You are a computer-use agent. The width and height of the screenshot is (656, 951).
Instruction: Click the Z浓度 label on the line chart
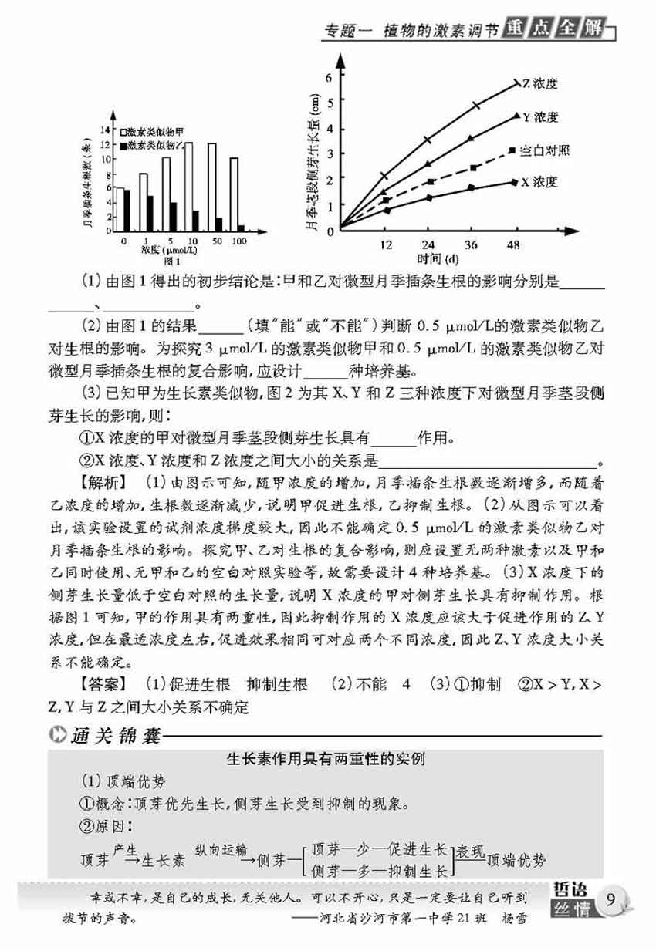[540, 83]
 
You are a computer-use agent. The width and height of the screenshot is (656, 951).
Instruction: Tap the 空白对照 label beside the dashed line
[546, 150]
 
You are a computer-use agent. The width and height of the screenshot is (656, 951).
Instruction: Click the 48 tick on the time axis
[513, 244]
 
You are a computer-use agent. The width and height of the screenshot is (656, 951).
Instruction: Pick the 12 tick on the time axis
[385, 244]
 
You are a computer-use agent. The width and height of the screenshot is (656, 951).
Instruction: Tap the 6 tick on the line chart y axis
[329, 76]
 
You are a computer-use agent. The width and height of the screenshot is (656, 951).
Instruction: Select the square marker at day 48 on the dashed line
[512, 150]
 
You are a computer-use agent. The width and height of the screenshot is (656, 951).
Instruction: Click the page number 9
[611, 899]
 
